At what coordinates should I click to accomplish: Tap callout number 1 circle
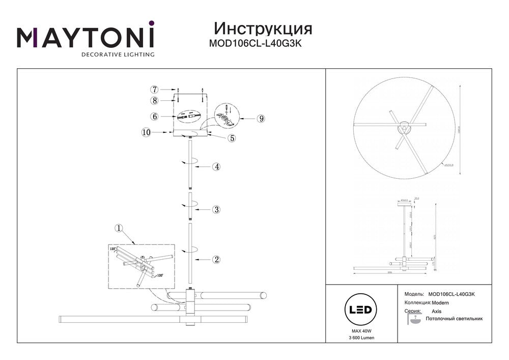pyautogui.click(x=119, y=228)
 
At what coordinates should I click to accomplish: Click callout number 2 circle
pyautogui.click(x=216, y=259)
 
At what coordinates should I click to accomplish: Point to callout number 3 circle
pyautogui.click(x=216, y=209)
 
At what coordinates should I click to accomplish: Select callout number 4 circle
pyautogui.click(x=216, y=167)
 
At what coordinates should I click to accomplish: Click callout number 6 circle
pyautogui.click(x=155, y=116)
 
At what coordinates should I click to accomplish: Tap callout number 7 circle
pyautogui.click(x=155, y=89)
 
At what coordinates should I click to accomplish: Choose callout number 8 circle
pyautogui.click(x=155, y=100)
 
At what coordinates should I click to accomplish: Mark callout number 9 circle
pyautogui.click(x=261, y=119)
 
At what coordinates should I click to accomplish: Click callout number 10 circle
pyautogui.click(x=147, y=132)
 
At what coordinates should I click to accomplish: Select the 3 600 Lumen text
pyautogui.click(x=360, y=338)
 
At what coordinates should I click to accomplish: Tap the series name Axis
pyautogui.click(x=437, y=311)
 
